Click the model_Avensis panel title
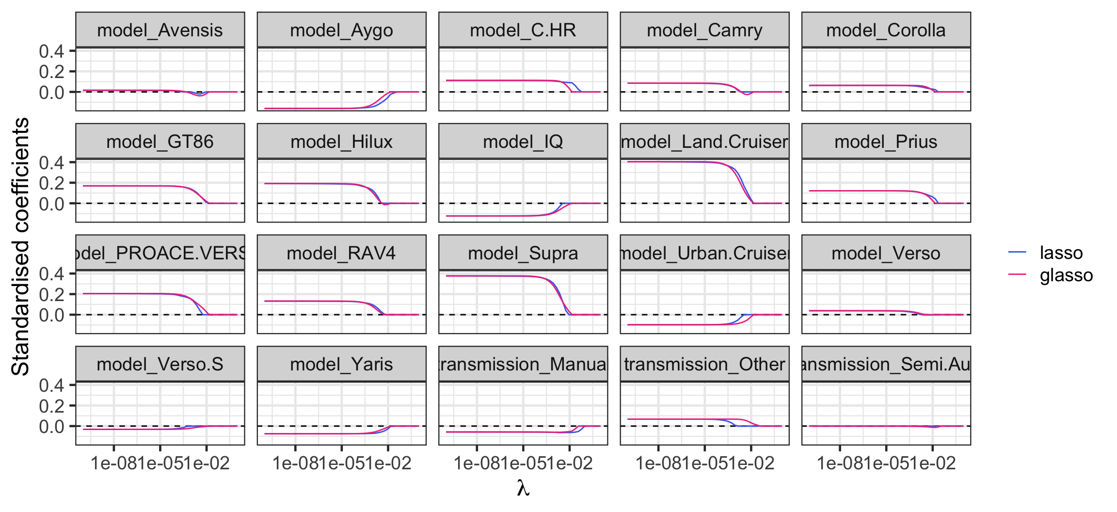(x=160, y=31)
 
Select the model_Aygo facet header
(x=341, y=31)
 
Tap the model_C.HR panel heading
(x=523, y=31)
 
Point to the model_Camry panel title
(x=704, y=31)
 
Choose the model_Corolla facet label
(x=886, y=31)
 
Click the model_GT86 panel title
(x=160, y=142)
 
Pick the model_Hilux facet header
(x=341, y=142)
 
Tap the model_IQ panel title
(x=523, y=142)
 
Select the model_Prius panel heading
(x=886, y=142)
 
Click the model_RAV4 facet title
(x=341, y=253)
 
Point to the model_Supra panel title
(x=523, y=253)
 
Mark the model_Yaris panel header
(x=341, y=364)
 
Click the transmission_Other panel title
(x=704, y=364)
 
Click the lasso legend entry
(x=1061, y=253)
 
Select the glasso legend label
(x=1066, y=275)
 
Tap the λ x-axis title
(x=523, y=488)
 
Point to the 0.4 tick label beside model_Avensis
(x=51, y=51)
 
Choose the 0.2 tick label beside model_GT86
(x=51, y=183)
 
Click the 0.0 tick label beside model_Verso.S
(x=51, y=427)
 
